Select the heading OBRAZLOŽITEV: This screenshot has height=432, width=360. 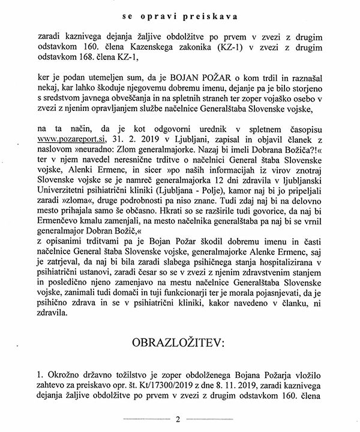pos(180,343)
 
